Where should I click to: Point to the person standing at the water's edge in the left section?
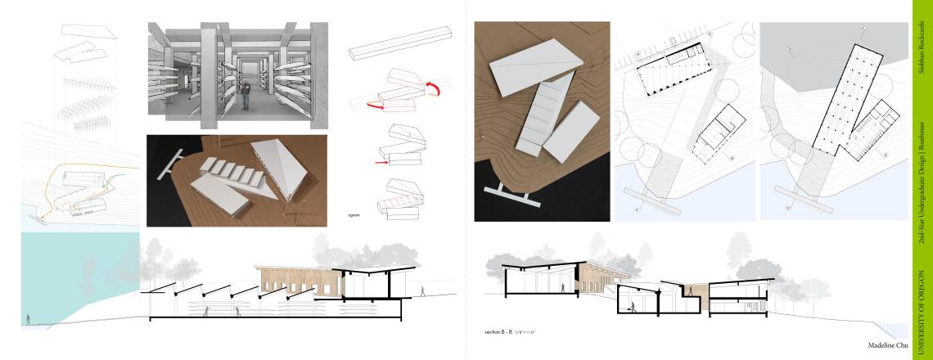point(27,320)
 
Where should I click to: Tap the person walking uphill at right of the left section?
point(423,290)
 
